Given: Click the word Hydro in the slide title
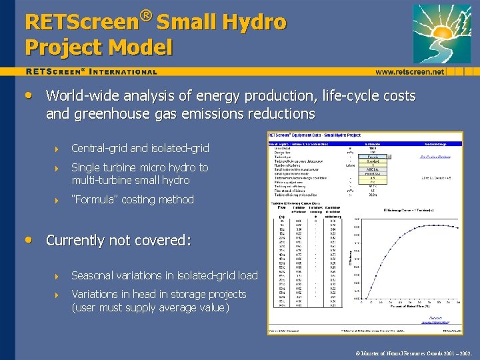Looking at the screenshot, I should coord(253,22).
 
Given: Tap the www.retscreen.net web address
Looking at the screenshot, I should coord(409,71).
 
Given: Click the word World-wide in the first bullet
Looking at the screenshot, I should coord(81,96).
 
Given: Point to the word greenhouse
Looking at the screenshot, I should coord(105,114).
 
